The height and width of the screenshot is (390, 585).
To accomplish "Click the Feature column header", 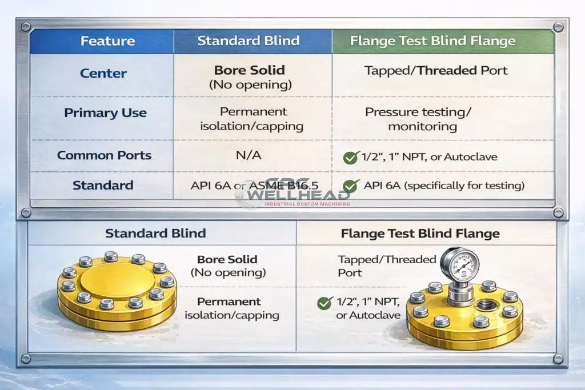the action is coord(107,41).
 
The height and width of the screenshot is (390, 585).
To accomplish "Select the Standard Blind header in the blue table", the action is coord(249,41).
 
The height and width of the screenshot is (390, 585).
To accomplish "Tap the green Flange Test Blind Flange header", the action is coord(433,41).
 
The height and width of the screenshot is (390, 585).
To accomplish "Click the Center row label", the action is coord(103,73).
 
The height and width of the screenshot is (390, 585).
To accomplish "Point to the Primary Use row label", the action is coord(105,112).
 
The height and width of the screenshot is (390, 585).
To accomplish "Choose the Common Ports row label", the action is coord(104,155).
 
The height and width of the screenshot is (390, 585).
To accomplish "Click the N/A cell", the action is coord(249,155).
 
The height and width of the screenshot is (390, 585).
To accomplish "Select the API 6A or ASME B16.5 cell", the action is coord(254,186).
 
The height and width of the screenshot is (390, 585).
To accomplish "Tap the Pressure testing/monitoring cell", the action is coord(418,119).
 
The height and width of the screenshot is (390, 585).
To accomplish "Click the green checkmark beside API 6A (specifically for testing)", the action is coord(351,186).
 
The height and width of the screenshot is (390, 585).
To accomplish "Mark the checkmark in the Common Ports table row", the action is coord(351,158).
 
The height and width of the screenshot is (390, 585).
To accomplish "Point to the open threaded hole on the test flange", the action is coord(486,304).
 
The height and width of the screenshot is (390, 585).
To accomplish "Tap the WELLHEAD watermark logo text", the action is coord(298,195).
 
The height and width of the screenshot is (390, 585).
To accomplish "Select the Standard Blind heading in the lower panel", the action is coord(155,233).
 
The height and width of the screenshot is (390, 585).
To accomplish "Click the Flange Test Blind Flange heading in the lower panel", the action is coord(420,234).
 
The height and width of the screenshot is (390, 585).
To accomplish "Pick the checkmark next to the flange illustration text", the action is coord(325,303).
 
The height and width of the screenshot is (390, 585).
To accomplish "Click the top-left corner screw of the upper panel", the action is coord(26,27).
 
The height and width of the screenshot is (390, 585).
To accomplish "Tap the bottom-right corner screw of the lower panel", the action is coord(558,359).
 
